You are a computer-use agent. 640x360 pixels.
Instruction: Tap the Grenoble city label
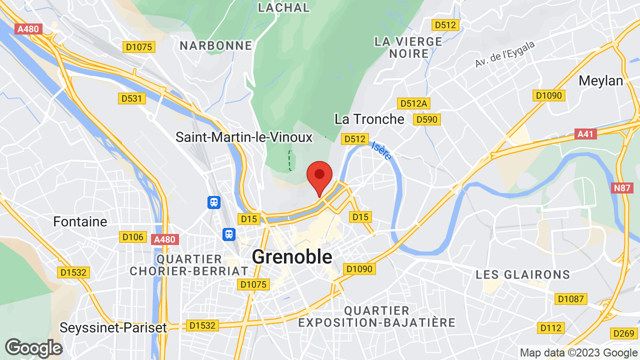(x=292, y=257)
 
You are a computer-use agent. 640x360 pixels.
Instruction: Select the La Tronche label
(x=369, y=119)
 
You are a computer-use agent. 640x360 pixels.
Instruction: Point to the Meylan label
(x=600, y=80)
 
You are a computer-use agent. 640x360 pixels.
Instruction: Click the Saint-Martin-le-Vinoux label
(x=244, y=137)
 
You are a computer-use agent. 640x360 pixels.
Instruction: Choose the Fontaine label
(x=80, y=221)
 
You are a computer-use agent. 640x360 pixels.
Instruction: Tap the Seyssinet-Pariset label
(x=113, y=328)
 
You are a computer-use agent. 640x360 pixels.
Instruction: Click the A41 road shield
(x=586, y=134)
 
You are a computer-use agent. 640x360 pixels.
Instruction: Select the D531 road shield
(x=132, y=98)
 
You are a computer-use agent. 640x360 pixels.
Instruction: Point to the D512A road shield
(x=413, y=103)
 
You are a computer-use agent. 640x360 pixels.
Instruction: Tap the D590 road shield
(x=426, y=119)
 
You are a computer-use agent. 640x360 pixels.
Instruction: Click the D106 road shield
(x=132, y=236)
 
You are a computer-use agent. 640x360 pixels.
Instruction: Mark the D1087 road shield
(x=570, y=299)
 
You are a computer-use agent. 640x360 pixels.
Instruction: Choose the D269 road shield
(x=623, y=333)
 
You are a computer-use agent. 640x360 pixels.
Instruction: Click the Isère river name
(x=381, y=150)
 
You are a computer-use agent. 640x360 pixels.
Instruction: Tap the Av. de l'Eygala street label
(x=505, y=54)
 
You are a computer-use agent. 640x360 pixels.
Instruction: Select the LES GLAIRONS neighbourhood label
(x=523, y=274)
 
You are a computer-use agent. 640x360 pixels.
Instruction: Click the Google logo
(x=33, y=348)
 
